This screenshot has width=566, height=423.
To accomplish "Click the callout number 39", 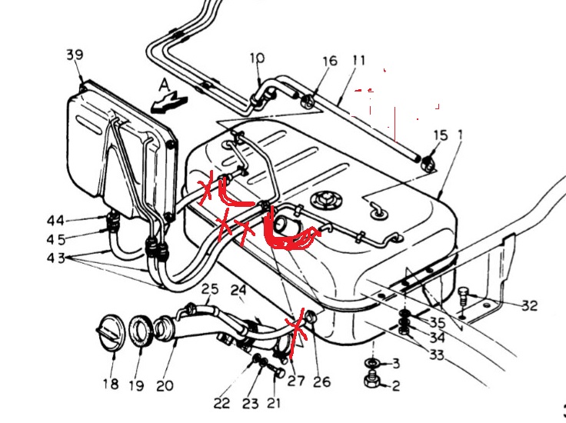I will coord(75,55).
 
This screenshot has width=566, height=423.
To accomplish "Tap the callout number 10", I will coord(257,58).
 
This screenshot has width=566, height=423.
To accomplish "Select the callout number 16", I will coord(329,61).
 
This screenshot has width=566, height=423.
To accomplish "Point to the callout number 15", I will coord(439,135).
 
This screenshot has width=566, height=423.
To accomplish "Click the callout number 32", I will coord(528,305).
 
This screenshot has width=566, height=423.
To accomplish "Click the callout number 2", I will coord(395,387).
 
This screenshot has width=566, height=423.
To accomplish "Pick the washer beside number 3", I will coord(372,362).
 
